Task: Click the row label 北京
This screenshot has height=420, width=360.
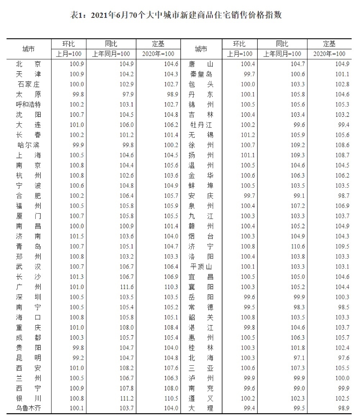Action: [28, 64]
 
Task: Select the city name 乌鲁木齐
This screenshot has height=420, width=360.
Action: [28, 408]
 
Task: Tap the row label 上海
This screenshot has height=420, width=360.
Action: [28, 155]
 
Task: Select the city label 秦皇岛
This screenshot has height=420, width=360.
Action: [201, 74]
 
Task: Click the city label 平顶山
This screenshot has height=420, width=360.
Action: [201, 267]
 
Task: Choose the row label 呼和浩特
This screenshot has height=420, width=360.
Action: [28, 105]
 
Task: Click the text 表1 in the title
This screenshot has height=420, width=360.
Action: [77, 15]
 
